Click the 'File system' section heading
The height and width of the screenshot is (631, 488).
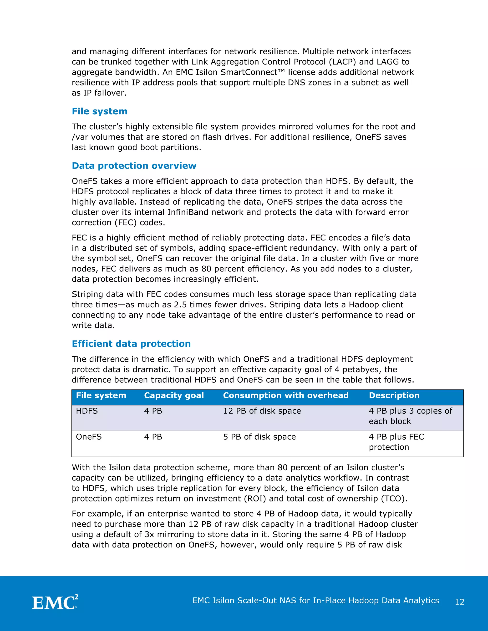[99, 111]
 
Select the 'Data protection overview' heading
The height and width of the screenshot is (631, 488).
[134, 165]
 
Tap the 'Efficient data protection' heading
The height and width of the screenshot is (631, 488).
[131, 344]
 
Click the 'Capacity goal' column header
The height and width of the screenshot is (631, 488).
[174, 395]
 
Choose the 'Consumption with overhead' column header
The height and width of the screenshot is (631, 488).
[286, 395]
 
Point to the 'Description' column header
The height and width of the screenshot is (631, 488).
[394, 395]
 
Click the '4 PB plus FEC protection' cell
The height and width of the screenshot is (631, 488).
[396, 442]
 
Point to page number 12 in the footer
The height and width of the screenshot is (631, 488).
[459, 602]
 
